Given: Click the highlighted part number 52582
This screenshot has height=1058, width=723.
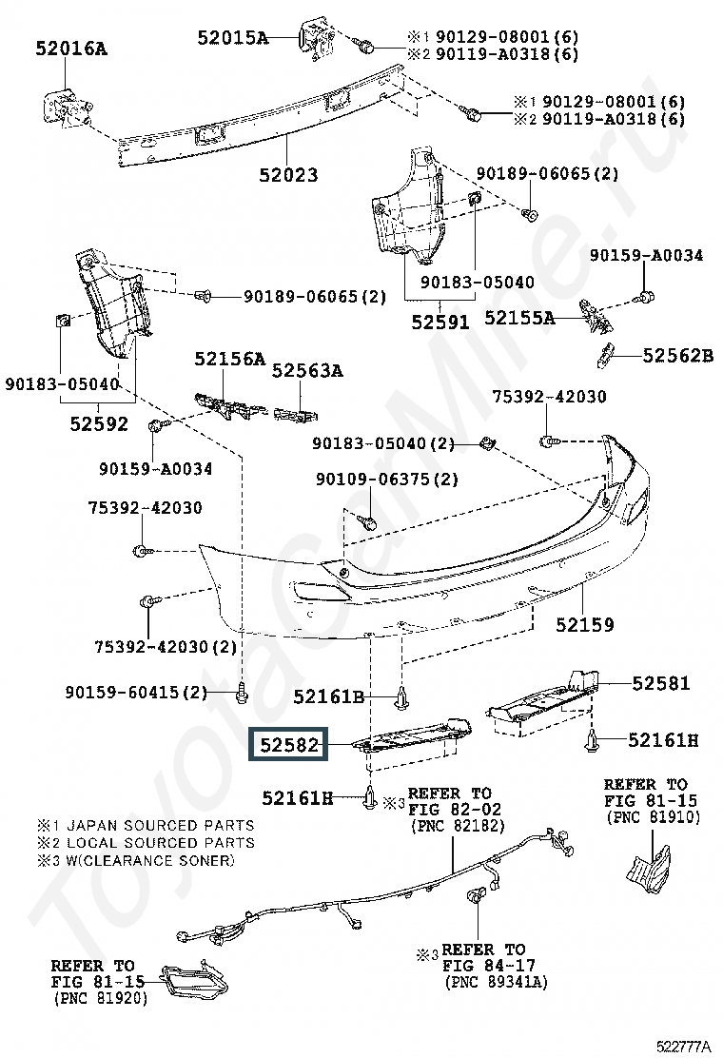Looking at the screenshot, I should [x=286, y=744].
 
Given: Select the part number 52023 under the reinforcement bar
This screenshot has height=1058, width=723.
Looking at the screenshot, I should [x=287, y=175].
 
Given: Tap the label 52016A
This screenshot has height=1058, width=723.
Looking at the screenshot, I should [x=71, y=47].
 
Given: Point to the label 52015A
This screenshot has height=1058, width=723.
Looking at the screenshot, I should [x=233, y=38].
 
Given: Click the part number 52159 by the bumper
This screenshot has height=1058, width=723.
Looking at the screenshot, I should [x=585, y=625].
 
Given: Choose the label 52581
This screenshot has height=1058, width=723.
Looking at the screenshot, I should [x=661, y=684].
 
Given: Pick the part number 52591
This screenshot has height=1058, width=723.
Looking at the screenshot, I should [x=440, y=322].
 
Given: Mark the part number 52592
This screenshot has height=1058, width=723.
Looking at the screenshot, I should [x=98, y=424].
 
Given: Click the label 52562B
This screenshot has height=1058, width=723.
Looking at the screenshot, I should [x=677, y=356].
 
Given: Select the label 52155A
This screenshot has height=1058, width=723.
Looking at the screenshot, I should [x=519, y=318].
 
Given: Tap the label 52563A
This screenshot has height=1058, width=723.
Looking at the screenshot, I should [x=307, y=371].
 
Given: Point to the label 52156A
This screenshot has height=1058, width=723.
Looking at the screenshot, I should [x=229, y=359].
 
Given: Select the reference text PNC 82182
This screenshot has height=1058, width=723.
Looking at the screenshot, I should [x=456, y=828].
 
